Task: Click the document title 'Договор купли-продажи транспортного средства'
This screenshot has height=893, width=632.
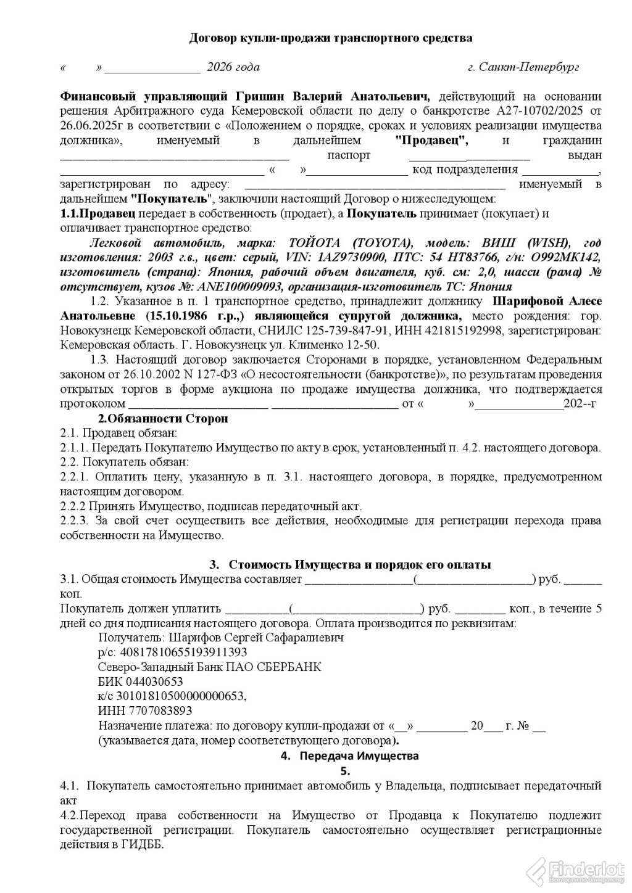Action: tap(330, 38)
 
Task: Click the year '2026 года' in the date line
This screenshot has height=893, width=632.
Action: tap(233, 67)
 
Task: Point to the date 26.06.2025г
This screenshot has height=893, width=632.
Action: tap(89, 126)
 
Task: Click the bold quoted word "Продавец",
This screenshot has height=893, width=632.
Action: tap(431, 140)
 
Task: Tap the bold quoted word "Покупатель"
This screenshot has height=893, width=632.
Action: tap(171, 199)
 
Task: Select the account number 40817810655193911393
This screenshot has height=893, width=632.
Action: tap(179, 652)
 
